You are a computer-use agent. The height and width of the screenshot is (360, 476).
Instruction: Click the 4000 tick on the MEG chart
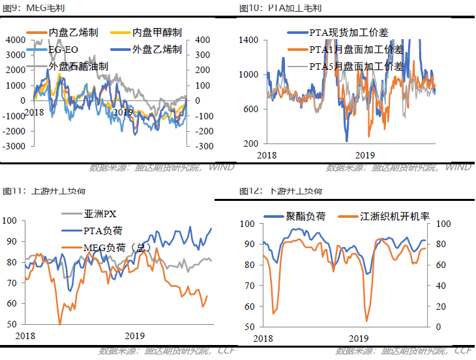click(14, 40)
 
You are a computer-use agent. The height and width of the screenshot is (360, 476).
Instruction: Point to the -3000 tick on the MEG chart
click(13, 146)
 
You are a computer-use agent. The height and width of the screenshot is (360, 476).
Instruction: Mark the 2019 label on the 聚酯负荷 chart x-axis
click(358, 339)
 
